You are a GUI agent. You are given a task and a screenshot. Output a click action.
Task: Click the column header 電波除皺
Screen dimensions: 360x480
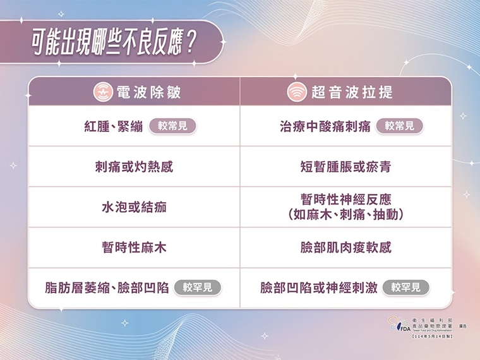(x=148, y=92)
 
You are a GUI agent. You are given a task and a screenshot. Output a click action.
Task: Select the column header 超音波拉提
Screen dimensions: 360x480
(x=352, y=92)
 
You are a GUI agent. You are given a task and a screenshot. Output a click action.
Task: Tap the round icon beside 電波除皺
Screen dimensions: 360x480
(x=103, y=92)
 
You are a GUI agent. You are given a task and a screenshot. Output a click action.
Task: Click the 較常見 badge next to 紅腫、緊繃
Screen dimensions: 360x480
(x=172, y=126)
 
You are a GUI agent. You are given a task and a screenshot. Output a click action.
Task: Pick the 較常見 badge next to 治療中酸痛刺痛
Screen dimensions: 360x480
(x=399, y=126)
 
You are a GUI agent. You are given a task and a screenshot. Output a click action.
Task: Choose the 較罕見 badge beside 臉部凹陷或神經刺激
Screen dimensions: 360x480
(x=405, y=288)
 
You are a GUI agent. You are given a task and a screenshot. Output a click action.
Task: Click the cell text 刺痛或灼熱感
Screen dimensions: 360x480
(x=134, y=167)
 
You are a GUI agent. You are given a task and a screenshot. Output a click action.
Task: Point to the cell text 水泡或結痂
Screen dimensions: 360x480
(x=134, y=207)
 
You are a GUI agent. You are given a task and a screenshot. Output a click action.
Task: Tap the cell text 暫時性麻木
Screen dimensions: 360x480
(x=134, y=248)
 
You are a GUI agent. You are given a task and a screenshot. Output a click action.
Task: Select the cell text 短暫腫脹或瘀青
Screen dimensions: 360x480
(x=345, y=167)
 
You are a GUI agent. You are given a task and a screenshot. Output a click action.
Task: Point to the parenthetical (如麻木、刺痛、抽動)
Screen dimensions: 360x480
(x=345, y=215)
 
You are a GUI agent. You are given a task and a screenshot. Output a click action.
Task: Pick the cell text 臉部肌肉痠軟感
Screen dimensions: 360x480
(x=345, y=248)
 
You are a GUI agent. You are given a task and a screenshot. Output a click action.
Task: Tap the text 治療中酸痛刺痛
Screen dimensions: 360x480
(x=325, y=126)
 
